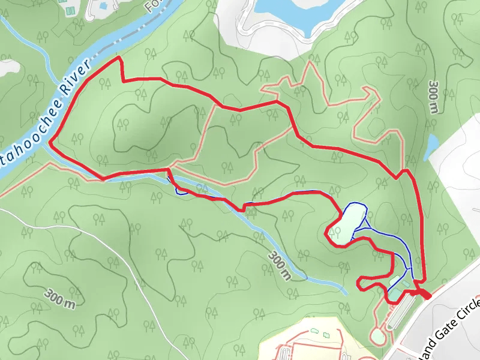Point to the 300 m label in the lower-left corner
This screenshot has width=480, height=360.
click(x=61, y=298)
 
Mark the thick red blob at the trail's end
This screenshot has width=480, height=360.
click(x=425, y=294)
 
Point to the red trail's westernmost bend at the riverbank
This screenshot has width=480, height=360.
click(x=50, y=143)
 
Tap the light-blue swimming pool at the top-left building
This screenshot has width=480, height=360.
click(x=103, y=5)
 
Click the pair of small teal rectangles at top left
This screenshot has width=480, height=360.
click(x=69, y=10)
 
